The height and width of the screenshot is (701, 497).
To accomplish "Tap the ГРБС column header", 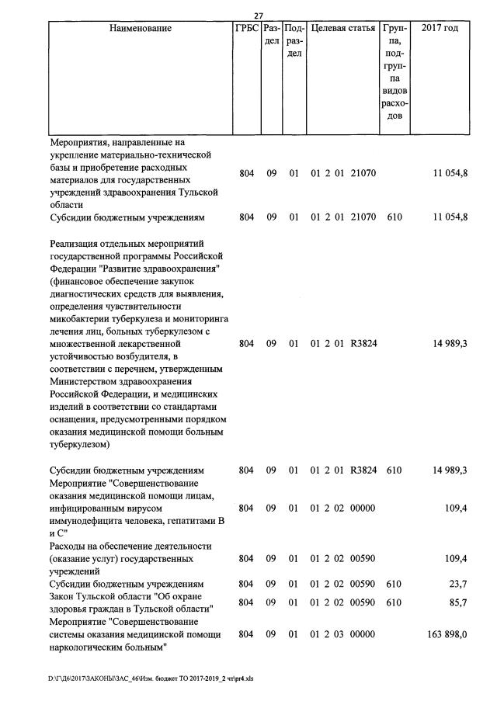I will (x=246, y=28).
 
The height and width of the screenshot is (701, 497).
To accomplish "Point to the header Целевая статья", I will (x=343, y=28).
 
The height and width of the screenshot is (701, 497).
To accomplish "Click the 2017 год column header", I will (x=440, y=28).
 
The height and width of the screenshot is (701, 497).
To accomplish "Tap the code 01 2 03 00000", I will (x=343, y=634).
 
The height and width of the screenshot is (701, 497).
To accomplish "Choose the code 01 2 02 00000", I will (x=343, y=508).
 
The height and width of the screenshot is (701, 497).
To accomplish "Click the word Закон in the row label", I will (x=64, y=596).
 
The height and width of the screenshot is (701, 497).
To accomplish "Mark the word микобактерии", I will (x=82, y=318).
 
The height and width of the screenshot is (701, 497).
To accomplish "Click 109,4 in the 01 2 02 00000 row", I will (x=454, y=508).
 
